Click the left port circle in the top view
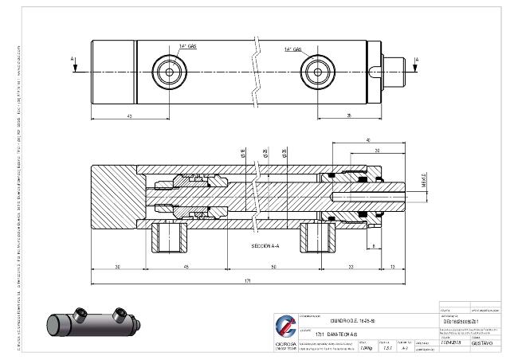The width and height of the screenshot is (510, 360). tap(170, 70)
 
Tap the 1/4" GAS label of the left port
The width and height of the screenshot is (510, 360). tap(188, 48)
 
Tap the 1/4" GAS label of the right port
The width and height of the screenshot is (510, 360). tap(294, 49)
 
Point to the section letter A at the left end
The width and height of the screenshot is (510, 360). tap(73, 59)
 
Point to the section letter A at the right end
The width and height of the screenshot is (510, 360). tap(436, 59)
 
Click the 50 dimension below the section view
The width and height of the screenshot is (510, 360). tap(273, 266)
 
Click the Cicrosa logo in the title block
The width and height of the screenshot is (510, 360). tap(284, 327)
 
